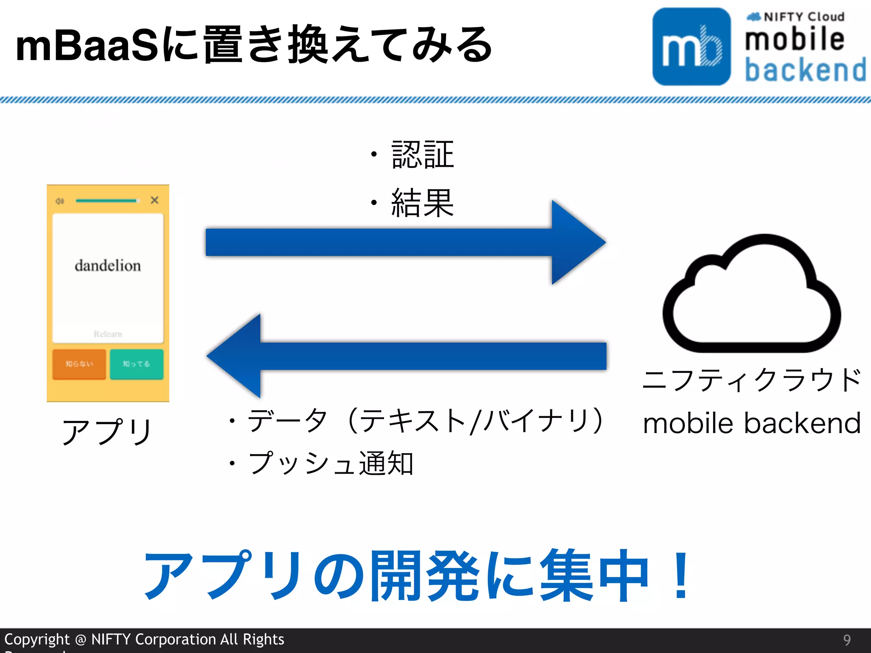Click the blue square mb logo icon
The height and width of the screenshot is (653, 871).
click(x=692, y=46)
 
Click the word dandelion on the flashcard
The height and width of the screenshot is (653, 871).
click(x=108, y=266)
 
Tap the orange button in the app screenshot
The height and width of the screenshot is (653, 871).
click(x=79, y=364)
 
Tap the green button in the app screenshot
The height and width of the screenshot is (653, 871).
click(x=137, y=364)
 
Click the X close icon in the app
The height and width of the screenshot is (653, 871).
click(x=154, y=200)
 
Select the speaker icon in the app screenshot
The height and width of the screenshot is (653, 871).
click(x=60, y=201)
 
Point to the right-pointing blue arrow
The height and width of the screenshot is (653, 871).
click(x=404, y=242)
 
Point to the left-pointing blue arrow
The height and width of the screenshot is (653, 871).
click(x=404, y=356)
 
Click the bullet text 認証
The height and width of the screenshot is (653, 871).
click(x=422, y=155)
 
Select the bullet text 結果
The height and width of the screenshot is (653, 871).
click(x=422, y=203)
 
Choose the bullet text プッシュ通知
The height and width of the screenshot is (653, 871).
click(x=330, y=463)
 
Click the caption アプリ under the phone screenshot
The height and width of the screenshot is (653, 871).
click(x=107, y=431)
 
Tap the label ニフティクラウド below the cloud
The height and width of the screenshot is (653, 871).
click(x=752, y=380)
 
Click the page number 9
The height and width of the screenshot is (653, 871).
click(x=847, y=640)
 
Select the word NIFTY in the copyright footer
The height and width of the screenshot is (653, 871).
click(x=111, y=639)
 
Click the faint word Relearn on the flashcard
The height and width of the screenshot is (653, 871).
click(x=108, y=334)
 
